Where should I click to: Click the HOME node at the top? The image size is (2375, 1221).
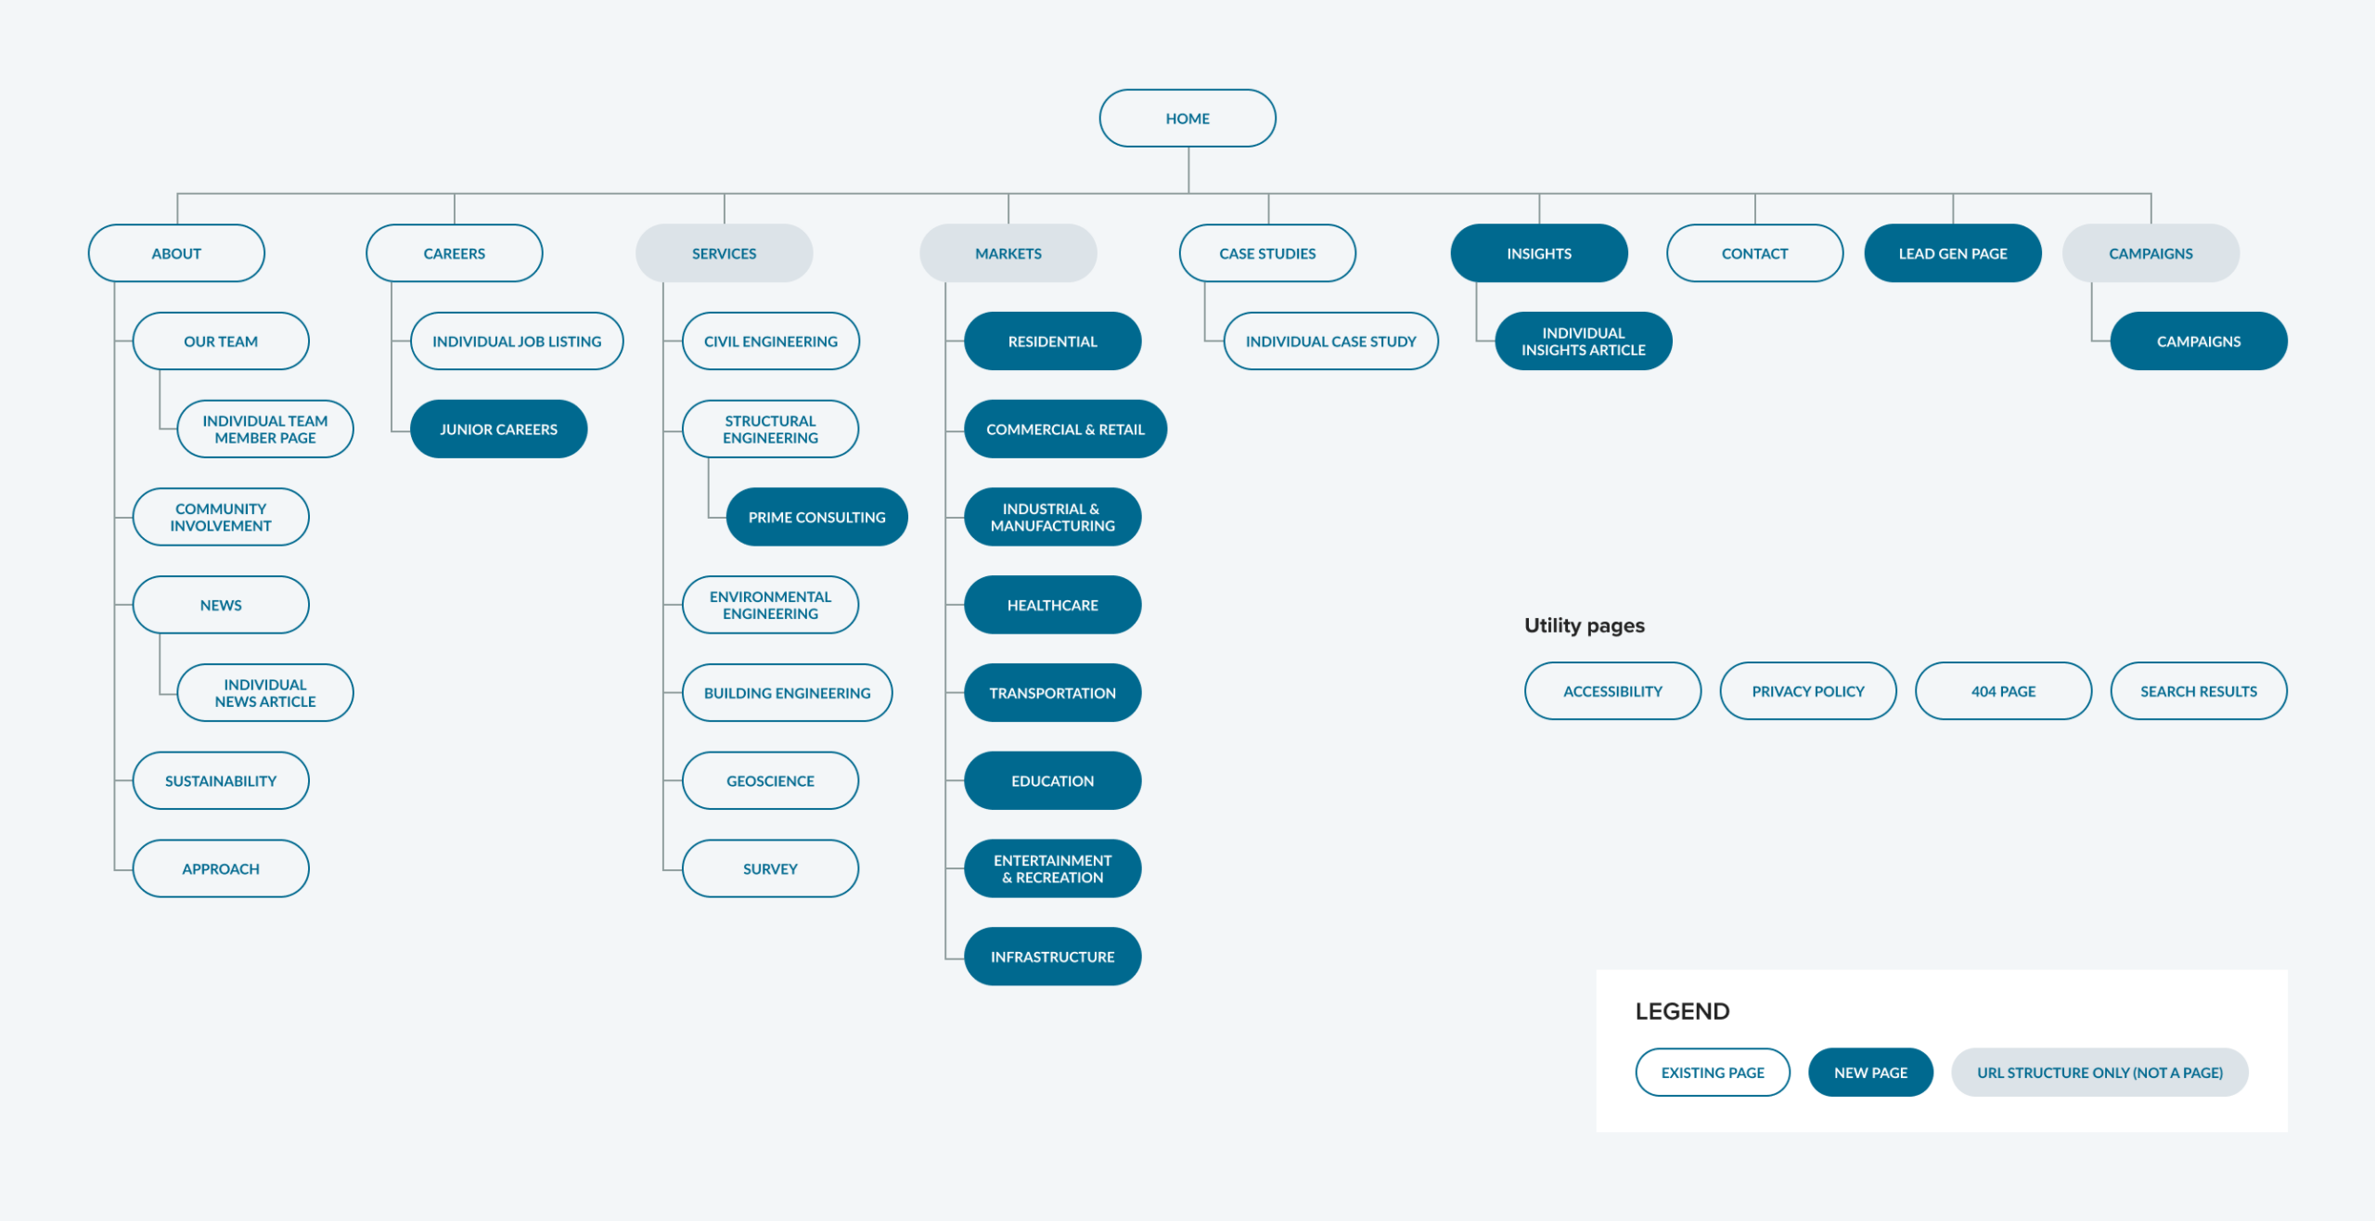[1187, 118]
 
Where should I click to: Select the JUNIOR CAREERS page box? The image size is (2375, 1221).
[498, 429]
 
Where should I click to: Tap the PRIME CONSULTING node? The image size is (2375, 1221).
[816, 517]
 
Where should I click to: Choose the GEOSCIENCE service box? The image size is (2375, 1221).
[770, 780]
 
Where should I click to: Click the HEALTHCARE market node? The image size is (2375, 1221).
[1052, 605]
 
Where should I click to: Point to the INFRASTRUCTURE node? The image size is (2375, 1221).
[1052, 957]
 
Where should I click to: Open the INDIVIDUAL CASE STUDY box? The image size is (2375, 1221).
[1330, 341]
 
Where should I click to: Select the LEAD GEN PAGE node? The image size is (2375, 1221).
[1952, 253]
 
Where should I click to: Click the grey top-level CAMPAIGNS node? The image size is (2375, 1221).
[2150, 253]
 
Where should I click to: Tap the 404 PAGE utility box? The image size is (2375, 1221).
[2003, 691]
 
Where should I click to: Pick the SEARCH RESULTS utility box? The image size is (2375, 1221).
[2199, 691]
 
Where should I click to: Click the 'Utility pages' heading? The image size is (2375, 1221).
[1584, 625]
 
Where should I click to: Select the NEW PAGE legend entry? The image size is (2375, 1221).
[1870, 1073]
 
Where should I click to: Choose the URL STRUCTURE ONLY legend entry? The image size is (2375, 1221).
[2099, 1073]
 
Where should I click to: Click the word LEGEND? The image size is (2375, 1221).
[1682, 1011]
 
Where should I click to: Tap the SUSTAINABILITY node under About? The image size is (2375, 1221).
[221, 780]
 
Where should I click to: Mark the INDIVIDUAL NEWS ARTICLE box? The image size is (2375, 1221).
[265, 693]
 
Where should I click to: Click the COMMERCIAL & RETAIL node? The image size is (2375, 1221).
[1065, 429]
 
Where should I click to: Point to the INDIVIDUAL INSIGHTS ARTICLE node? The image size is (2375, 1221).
[1583, 341]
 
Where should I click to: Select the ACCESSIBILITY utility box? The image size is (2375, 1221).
[1612, 691]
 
